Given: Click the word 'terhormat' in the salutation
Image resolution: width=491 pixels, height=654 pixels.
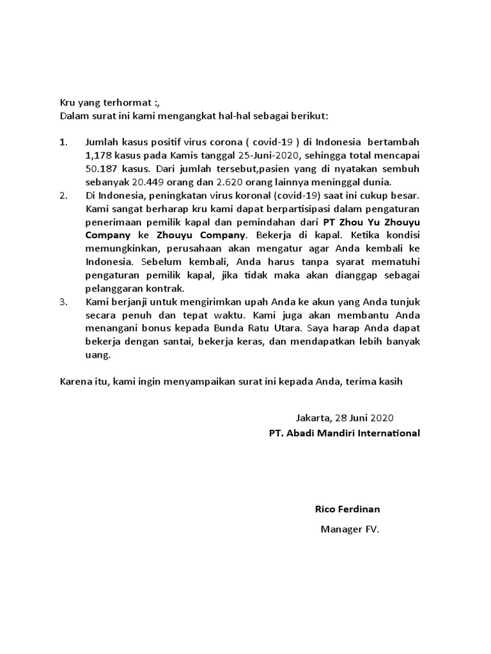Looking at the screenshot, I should (121, 102).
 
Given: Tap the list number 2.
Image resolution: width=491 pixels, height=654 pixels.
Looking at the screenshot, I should (63, 195).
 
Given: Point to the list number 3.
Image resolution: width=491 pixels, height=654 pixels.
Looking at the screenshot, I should (63, 302).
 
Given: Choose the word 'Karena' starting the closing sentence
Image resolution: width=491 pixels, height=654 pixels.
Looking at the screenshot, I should (75, 382).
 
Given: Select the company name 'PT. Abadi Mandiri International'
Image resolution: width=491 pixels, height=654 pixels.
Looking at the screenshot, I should (345, 433).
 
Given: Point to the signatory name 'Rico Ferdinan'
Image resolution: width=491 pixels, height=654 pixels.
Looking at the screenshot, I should (347, 509).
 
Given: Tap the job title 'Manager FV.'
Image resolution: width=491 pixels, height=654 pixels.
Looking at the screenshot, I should (350, 529).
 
